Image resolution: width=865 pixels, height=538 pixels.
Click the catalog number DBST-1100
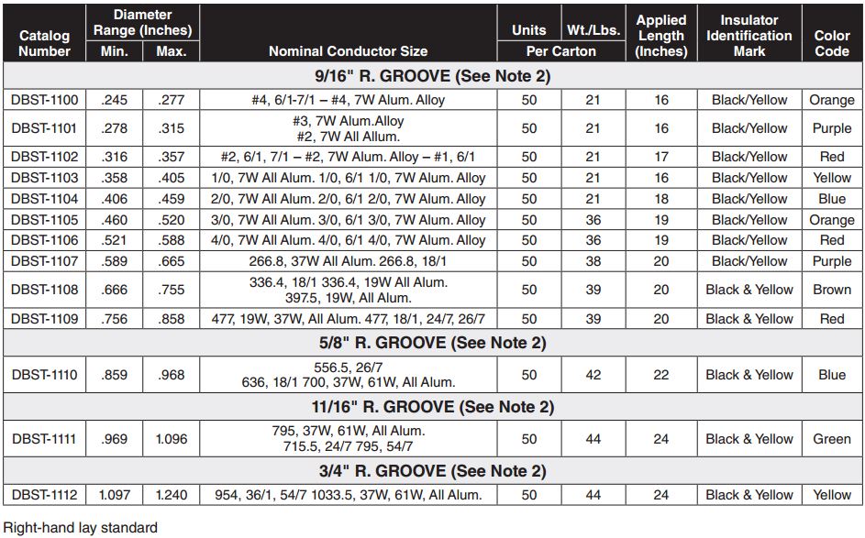tap(45, 99)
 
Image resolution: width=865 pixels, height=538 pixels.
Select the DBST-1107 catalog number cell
tap(45, 261)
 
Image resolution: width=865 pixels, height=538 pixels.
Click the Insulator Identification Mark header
tap(749, 36)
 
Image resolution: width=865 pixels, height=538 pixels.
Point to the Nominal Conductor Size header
tap(348, 51)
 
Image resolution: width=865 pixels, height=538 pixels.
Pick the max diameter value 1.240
tap(171, 495)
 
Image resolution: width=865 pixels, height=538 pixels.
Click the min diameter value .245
tap(114, 99)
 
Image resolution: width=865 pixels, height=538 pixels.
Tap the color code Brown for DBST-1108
tap(831, 290)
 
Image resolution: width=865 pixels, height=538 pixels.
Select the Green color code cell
tap(831, 439)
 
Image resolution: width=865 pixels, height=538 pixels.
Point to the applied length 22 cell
tap(660, 375)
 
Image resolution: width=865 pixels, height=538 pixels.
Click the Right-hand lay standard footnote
tap(81, 527)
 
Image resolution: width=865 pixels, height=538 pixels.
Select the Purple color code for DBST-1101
tap(831, 128)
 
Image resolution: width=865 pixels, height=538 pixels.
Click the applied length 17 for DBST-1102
tap(660, 157)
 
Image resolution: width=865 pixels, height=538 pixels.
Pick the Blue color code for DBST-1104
tap(831, 199)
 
